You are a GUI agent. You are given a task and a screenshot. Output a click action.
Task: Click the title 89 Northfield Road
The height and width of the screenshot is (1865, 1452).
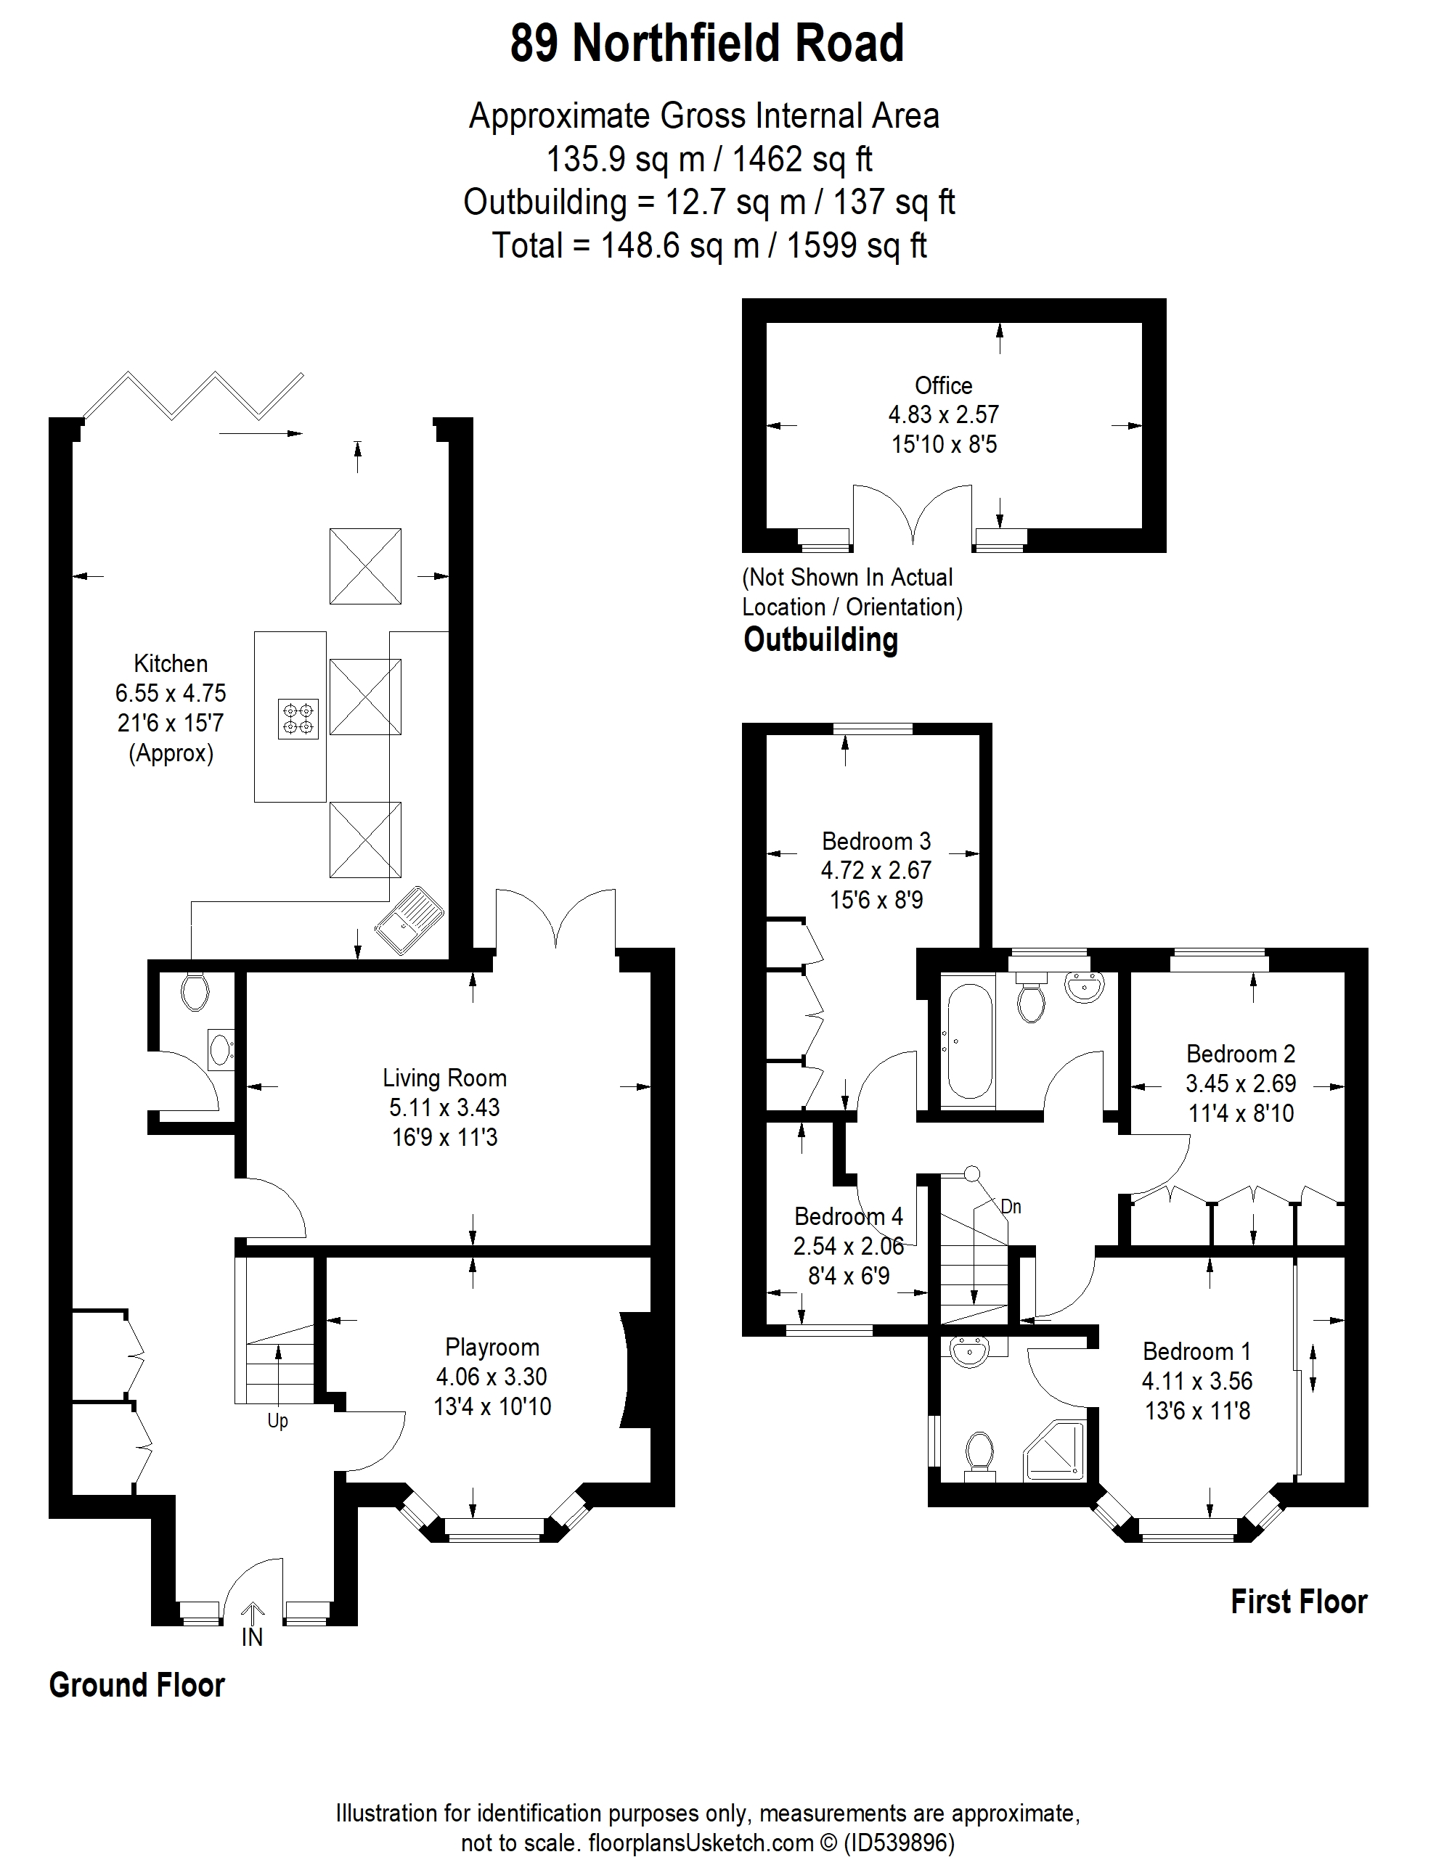click(706, 43)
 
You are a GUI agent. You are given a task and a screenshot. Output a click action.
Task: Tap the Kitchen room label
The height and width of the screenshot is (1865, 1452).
click(171, 663)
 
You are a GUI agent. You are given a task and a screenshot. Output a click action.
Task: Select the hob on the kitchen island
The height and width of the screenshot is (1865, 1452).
click(298, 718)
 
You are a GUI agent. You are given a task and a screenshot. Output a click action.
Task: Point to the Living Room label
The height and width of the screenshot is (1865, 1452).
click(444, 1078)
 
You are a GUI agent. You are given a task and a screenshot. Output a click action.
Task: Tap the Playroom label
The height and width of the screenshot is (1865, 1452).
click(492, 1348)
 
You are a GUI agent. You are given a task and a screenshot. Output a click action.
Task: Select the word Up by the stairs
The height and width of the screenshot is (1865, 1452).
click(277, 1421)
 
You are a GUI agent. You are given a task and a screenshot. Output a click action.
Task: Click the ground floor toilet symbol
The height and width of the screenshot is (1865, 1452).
click(195, 992)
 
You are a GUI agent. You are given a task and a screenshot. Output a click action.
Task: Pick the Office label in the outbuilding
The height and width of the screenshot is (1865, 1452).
click(943, 385)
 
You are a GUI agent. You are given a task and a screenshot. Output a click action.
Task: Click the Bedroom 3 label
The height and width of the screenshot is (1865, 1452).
click(876, 841)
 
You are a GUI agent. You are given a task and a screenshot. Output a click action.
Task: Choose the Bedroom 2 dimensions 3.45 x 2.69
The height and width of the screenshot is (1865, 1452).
click(1240, 1083)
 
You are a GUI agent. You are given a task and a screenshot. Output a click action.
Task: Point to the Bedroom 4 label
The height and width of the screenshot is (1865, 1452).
click(848, 1216)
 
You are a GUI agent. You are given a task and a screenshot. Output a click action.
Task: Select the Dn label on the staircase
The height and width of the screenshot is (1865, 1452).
click(1011, 1207)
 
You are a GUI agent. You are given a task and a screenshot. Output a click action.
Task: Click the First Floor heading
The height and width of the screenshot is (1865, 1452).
click(1298, 1602)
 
